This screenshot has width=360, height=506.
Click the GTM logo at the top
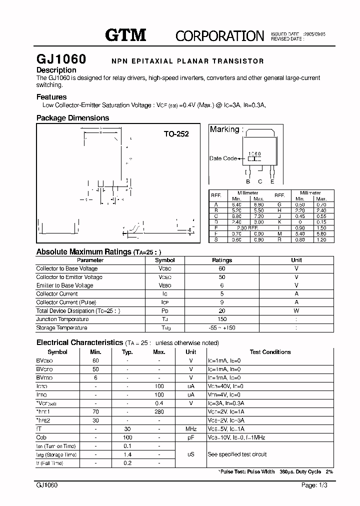click(125, 34)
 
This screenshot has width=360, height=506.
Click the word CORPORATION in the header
click(219, 35)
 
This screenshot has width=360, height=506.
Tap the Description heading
click(56, 70)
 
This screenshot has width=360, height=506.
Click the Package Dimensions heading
click(72, 118)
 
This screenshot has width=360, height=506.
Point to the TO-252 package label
click(176, 134)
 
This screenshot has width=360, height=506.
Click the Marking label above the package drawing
click(226, 129)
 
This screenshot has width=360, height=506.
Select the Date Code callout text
click(223, 158)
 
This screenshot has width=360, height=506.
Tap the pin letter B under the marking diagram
click(247, 181)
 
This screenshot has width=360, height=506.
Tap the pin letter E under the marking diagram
click(272, 181)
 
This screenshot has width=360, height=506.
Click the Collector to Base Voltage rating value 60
click(222, 268)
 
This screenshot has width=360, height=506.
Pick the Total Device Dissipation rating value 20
click(222, 310)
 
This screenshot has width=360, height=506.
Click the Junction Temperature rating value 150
click(222, 319)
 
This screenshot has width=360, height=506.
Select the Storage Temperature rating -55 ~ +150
click(222, 328)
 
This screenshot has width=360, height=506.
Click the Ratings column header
click(222, 260)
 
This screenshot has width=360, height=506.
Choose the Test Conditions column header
click(269, 352)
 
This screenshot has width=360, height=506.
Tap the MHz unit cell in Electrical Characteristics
click(190, 429)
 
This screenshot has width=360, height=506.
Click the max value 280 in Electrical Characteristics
click(158, 411)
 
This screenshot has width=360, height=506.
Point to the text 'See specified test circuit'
click(237, 454)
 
